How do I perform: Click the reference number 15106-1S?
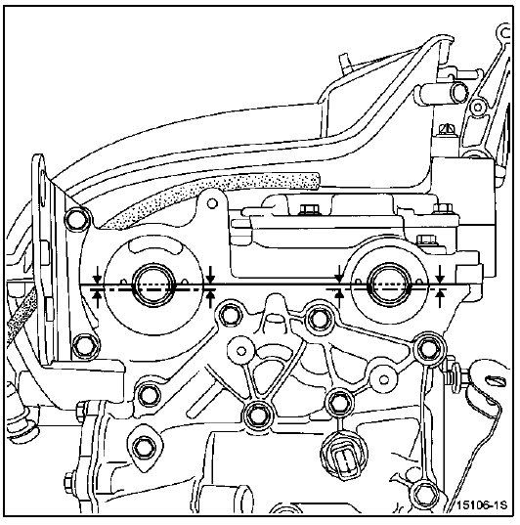point(482,504)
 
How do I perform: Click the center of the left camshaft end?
point(154,284)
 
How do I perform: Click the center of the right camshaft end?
point(389,284)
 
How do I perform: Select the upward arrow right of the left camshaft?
point(210,298)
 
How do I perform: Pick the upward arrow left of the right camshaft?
point(339,298)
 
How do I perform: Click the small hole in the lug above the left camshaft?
point(211,203)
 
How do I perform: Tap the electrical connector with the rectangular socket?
point(345,458)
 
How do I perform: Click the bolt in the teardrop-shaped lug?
point(144,448)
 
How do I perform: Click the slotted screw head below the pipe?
point(447,129)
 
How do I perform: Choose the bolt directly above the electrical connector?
point(339,402)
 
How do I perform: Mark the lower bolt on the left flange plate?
point(86,346)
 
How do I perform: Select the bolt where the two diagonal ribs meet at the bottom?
point(258,416)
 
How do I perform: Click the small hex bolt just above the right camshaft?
point(423,240)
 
